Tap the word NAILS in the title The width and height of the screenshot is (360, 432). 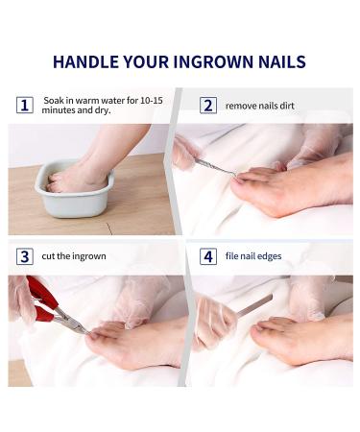point(280,62)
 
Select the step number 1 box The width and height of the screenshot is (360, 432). point(25,105)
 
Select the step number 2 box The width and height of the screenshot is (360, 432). point(207,105)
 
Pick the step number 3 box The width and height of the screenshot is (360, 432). point(25,256)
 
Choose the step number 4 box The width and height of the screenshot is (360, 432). point(207,256)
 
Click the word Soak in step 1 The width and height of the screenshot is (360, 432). point(55,100)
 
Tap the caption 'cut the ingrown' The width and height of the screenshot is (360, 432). point(75,256)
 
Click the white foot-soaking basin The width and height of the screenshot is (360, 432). point(75,189)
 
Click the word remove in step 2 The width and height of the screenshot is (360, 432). point(242,106)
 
